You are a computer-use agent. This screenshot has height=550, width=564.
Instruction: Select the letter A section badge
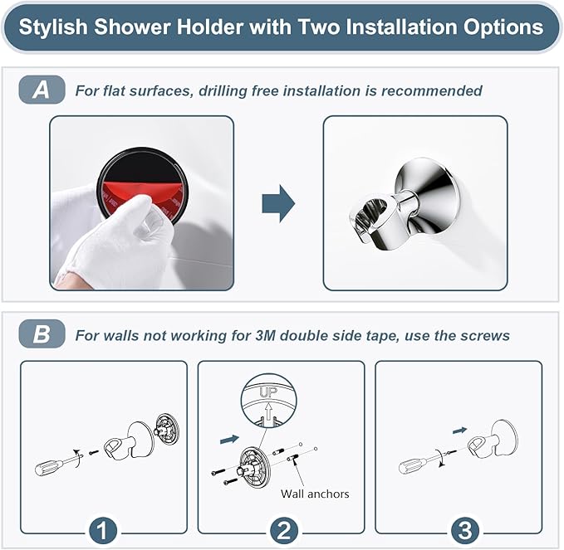41,90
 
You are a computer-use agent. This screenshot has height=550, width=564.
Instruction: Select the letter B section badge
41,335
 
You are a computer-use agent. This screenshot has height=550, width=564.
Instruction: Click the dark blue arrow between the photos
278,203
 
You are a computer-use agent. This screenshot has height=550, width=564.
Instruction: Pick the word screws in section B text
486,335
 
